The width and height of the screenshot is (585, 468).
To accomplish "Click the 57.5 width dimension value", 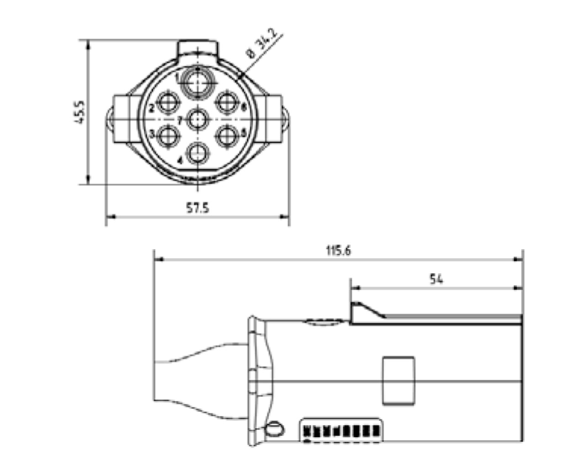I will click(x=197, y=208).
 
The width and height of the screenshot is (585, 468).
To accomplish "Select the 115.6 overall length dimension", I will click(x=339, y=250).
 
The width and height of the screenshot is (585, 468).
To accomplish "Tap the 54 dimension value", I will click(x=436, y=279).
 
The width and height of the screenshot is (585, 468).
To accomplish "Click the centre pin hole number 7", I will click(x=197, y=120).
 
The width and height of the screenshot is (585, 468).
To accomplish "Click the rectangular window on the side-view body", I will click(x=399, y=380).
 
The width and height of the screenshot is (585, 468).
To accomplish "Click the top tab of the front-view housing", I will click(x=197, y=48).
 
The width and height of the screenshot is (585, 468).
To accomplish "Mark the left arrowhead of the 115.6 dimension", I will click(x=158, y=260).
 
